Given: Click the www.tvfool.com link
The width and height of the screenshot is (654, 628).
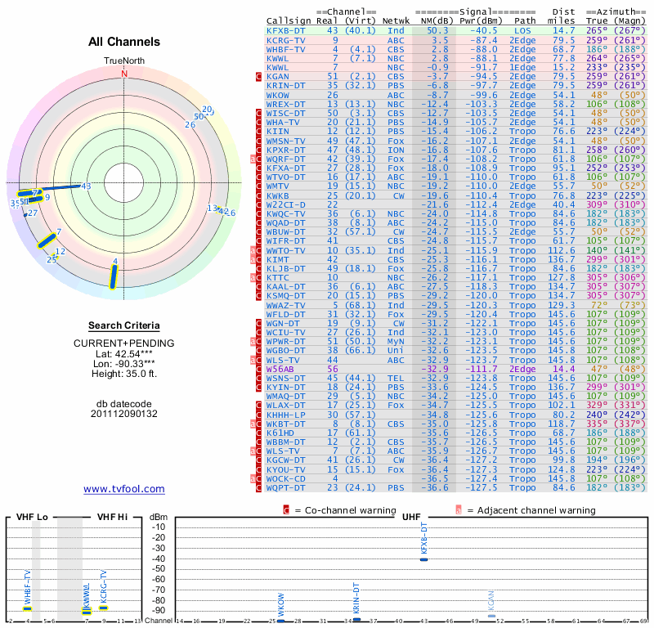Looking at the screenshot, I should tap(124, 489).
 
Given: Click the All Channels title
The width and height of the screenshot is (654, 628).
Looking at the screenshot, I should tap(124, 42).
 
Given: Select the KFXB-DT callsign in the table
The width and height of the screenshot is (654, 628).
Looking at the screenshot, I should tap(286, 29).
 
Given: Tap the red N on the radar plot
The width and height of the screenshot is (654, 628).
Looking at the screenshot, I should tap(124, 74).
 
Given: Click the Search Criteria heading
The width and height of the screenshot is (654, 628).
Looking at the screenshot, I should tap(124, 325).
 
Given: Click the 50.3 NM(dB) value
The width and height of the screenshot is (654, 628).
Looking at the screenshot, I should tap(437, 29).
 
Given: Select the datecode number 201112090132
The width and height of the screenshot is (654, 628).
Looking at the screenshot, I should tap(124, 414).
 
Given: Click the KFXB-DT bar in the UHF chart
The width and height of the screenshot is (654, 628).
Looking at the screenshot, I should tap(423, 558).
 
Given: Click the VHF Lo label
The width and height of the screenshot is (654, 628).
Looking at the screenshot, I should tap(32, 517).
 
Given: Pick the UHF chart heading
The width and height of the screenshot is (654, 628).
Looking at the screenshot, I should tap(412, 517).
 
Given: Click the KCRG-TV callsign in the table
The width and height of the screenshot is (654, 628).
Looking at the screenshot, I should tap(286, 39).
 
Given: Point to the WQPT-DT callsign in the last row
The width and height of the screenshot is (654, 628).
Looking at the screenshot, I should tap(286, 488).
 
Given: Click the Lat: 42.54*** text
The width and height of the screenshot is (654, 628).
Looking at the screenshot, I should tap(124, 353).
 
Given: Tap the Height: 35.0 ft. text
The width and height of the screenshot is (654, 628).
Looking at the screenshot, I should tap(124, 374).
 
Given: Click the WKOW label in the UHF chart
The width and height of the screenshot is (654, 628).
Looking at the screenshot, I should tap(281, 610).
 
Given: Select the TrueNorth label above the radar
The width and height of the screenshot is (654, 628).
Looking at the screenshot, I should tap(124, 61).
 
